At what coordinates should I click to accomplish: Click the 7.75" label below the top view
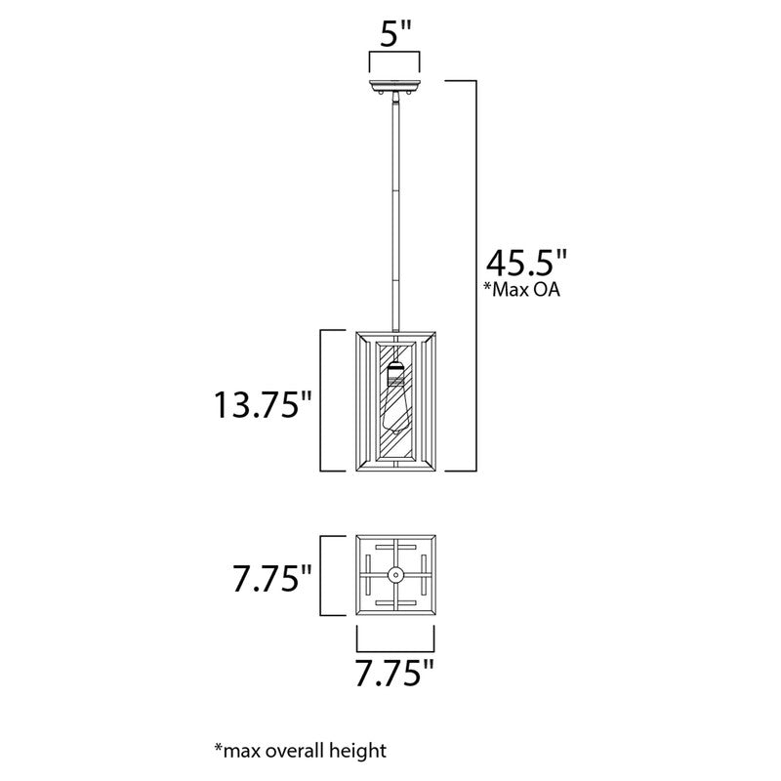point(395,674)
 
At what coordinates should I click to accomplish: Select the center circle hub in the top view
point(396,575)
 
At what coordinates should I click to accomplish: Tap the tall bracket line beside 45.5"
point(475,273)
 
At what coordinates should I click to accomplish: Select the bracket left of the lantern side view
point(326,401)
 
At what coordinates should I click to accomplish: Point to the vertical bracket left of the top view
point(326,575)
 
